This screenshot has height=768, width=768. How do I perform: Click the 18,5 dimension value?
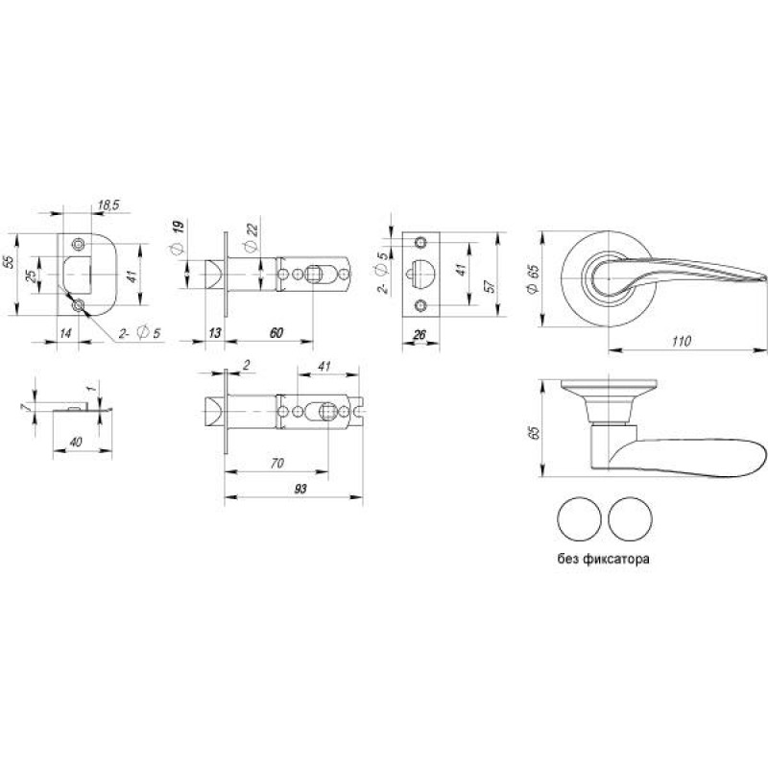click(108, 204)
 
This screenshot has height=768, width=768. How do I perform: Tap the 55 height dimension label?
click(9, 261)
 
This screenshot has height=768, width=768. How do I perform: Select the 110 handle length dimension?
click(682, 341)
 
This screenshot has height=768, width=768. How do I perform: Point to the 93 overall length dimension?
click(300, 489)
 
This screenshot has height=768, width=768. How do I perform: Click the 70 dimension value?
click(277, 463)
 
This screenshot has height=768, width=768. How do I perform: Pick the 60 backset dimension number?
click(276, 332)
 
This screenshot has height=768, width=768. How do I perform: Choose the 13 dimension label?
click(215, 332)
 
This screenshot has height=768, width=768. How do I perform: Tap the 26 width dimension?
click(420, 334)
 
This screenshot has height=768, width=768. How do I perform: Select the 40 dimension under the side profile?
click(76, 442)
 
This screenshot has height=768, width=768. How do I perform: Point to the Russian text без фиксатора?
click(604, 559)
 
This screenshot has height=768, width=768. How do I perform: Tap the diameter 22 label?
click(251, 236)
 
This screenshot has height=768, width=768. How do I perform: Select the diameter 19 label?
click(178, 237)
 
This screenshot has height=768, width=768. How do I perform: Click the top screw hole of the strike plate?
click(78, 244)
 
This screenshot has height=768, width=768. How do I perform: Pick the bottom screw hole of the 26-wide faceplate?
click(420, 306)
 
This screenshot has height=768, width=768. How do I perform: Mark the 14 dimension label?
click(65, 333)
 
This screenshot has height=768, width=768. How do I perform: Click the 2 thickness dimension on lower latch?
click(247, 365)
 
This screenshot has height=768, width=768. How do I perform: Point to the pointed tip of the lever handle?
click(764, 277)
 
